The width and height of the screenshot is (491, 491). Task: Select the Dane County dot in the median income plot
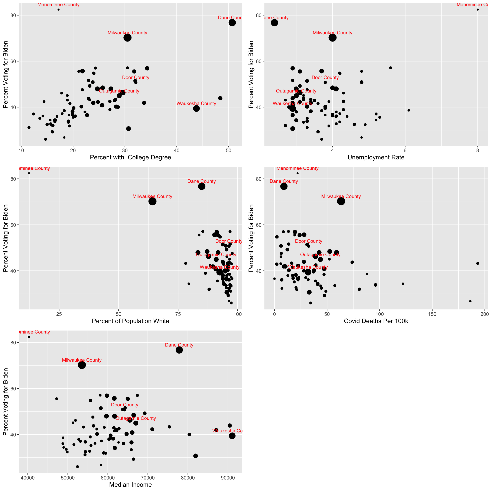(x=179, y=350)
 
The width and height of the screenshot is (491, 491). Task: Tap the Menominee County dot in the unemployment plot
(x=478, y=10)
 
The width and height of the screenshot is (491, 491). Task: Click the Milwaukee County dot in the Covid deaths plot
(x=341, y=201)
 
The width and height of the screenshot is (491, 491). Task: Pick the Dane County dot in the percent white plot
(x=202, y=186)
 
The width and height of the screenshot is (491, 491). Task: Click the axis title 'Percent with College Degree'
(x=130, y=157)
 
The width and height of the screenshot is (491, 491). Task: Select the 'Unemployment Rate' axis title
(x=376, y=157)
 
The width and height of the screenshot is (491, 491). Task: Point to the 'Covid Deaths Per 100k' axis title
(x=376, y=321)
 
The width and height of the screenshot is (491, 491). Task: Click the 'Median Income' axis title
(x=130, y=485)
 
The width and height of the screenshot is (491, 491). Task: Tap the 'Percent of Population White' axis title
(x=130, y=321)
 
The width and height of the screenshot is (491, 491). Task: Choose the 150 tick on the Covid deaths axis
(x=432, y=314)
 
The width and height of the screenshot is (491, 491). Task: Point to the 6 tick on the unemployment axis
(x=405, y=150)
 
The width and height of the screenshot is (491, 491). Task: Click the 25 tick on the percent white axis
(x=59, y=314)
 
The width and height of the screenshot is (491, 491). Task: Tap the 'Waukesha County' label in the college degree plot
(x=196, y=104)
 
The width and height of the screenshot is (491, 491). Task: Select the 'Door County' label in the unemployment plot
(x=325, y=78)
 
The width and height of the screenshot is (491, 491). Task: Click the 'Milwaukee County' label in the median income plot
(x=82, y=360)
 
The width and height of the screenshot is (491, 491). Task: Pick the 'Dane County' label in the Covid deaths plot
(x=284, y=181)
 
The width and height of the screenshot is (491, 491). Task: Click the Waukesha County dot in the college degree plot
(x=196, y=108)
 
